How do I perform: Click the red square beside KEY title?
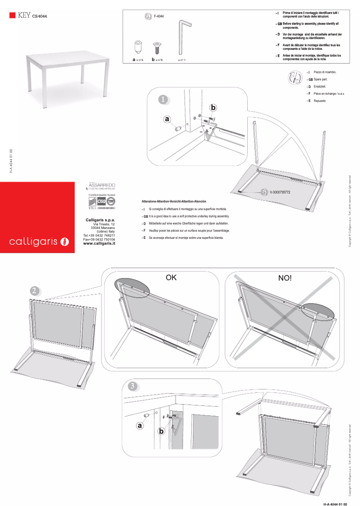[13, 15]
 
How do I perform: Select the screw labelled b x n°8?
[157, 47]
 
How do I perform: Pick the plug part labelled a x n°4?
[138, 46]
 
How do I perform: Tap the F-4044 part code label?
[159, 16]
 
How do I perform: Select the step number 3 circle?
[133, 386]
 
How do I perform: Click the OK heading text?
[171, 278]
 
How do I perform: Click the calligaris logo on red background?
[39, 242]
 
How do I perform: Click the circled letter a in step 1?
[167, 119]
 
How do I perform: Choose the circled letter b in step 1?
[213, 108]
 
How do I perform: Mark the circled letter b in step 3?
[162, 431]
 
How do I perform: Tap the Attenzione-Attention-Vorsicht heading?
[174, 202]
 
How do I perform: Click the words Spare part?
[320, 79]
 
